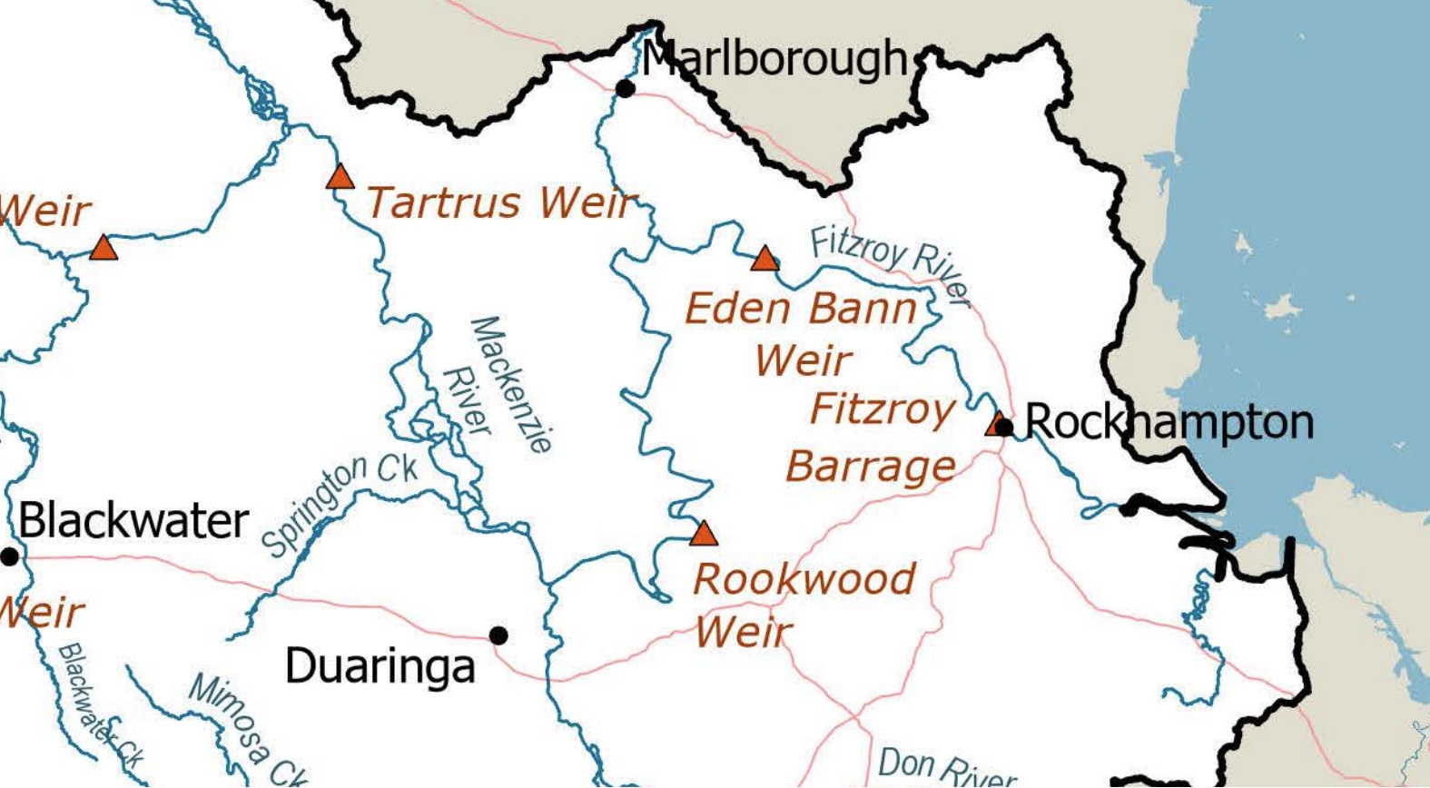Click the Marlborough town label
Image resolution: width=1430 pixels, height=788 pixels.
coord(774,60)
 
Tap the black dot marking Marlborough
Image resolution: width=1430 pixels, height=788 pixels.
coord(625,88)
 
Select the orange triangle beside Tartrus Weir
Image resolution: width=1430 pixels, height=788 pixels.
coord(340,176)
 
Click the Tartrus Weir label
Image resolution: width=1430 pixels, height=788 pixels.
coord(498,202)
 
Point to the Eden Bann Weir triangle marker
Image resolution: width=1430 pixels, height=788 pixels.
coord(764,259)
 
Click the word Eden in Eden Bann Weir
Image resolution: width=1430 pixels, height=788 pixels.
coord(737,309)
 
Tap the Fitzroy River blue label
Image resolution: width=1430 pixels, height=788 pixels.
coord(890,264)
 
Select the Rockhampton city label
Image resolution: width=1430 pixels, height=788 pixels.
coord(1169,422)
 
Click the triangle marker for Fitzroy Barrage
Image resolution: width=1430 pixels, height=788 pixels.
coord(998,422)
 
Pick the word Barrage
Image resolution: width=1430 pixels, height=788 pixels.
coord(870,468)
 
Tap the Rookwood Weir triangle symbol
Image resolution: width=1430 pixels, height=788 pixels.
coord(704,533)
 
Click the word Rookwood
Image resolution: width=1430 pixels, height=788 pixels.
coord(804,579)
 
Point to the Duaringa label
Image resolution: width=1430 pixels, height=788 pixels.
coord(380,666)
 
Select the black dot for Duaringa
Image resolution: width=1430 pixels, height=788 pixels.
coord(498,635)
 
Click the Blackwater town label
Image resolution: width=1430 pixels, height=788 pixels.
coord(133,521)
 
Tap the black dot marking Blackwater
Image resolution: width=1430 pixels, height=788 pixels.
coord(9,557)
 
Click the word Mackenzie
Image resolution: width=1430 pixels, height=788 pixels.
coord(511,384)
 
